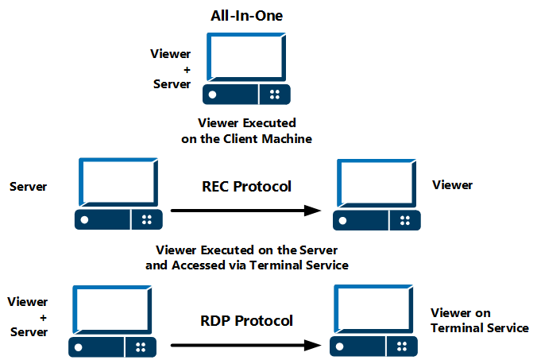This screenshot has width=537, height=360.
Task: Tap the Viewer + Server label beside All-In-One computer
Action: point(170,69)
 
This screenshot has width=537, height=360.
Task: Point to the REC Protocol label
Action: point(245,187)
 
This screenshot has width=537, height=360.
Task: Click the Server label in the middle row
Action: point(28,187)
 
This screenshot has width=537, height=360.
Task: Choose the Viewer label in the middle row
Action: point(452,185)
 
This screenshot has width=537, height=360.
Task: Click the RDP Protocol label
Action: point(246,321)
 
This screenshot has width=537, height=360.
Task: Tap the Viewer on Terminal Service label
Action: point(479,320)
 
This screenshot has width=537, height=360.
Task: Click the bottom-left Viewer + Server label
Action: point(28,316)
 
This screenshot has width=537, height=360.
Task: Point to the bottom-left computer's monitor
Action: point(113,309)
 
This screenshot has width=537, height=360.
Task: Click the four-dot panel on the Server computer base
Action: point(145,219)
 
